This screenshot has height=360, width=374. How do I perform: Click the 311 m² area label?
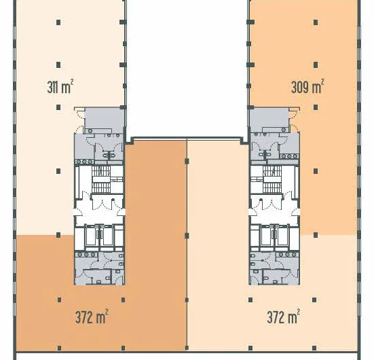click(60, 86)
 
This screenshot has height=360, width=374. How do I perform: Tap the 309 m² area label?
click(307, 86)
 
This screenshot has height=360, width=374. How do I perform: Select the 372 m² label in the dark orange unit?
click(92, 317)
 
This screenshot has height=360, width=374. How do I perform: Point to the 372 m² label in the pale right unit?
click(283, 317)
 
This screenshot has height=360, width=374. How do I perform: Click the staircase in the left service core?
click(101, 179)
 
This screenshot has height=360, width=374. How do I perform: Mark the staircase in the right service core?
click(272, 179)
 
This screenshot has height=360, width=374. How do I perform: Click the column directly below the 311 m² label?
click(58, 107)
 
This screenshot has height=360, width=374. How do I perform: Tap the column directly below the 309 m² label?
click(316, 107)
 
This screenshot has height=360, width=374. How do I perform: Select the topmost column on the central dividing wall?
click(187, 162)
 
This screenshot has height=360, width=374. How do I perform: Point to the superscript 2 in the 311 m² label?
click(72, 81)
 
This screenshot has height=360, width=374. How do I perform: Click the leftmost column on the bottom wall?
click(59, 348)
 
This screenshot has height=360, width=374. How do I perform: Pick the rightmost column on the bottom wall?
click(314, 348)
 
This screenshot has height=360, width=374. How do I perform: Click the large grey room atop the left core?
click(105, 118)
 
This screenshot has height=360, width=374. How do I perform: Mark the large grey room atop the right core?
click(269, 118)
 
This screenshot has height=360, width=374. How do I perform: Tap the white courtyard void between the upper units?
click(187, 68)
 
